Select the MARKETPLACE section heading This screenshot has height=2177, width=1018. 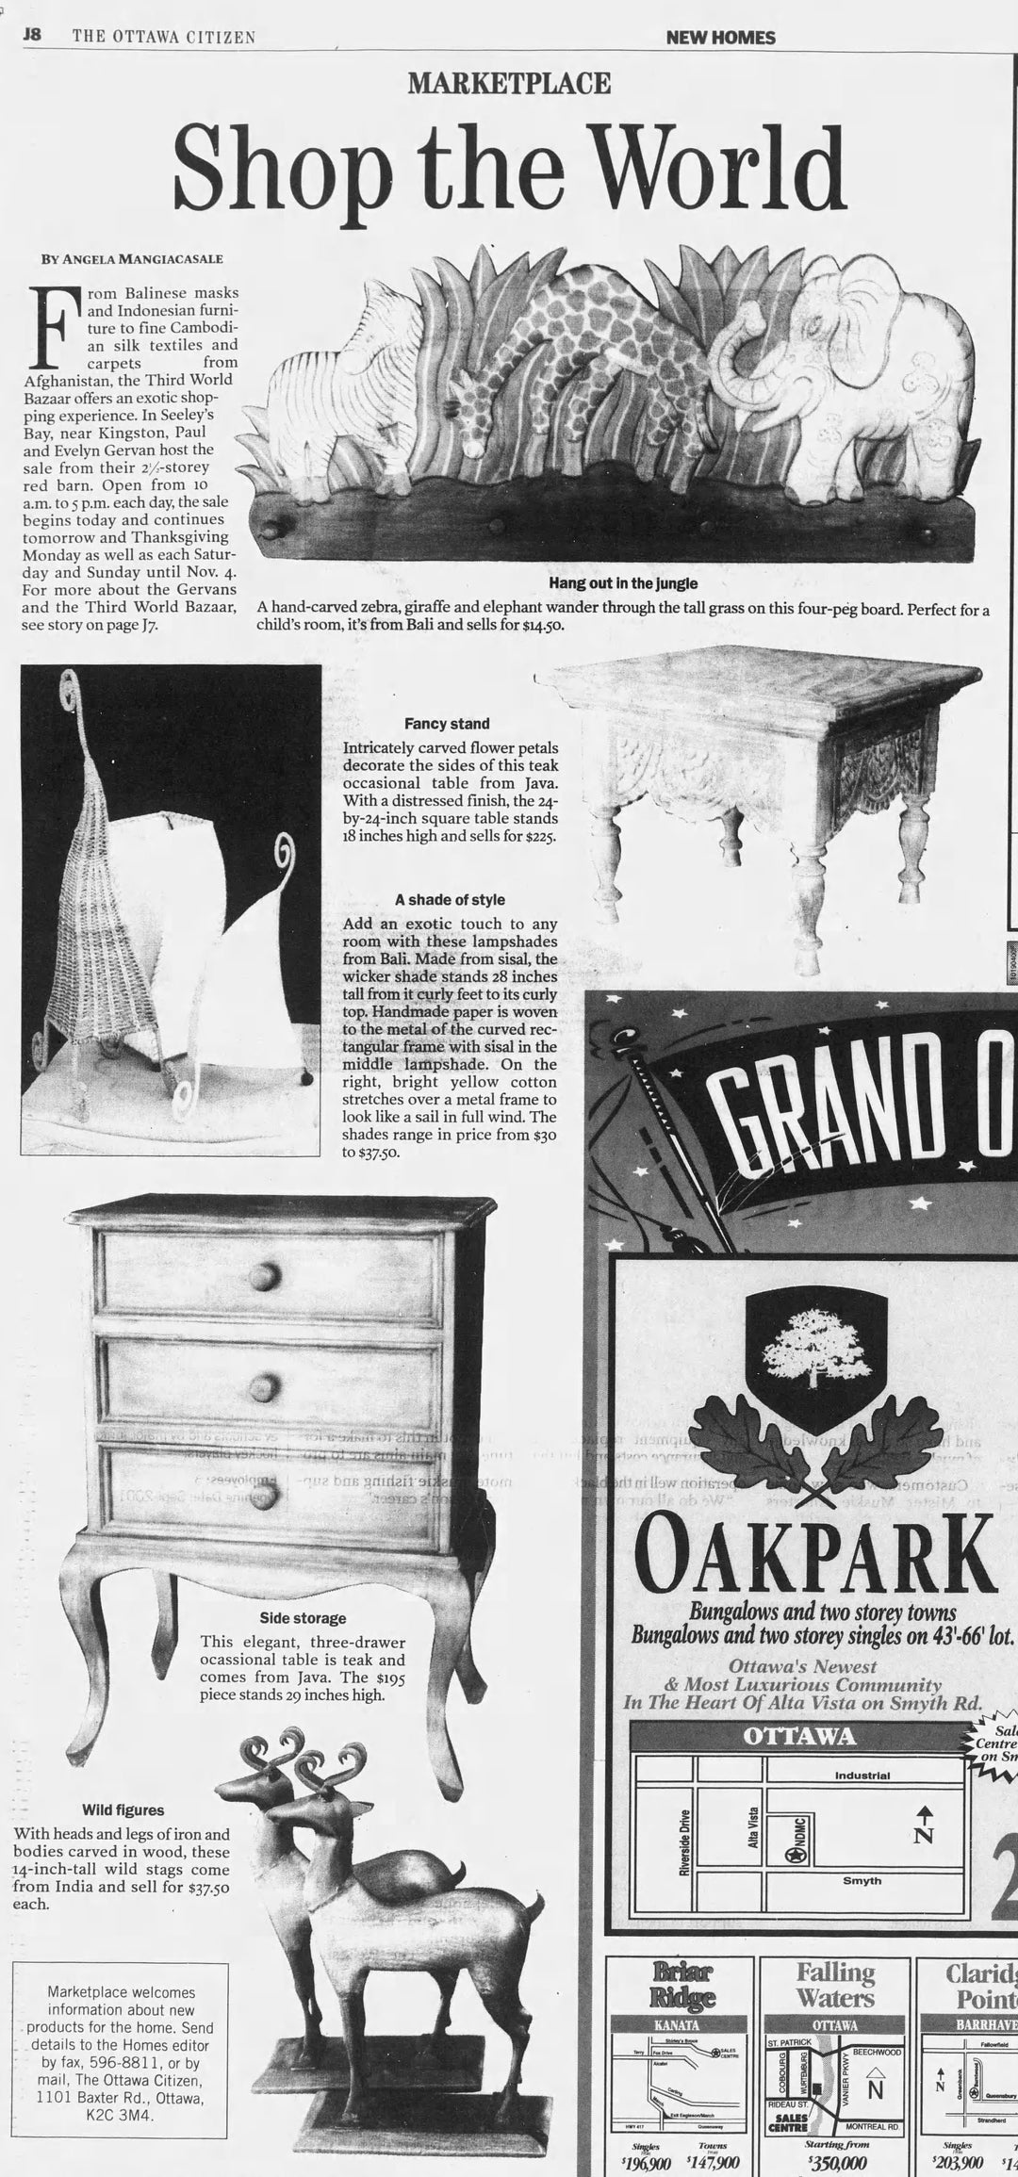(509, 84)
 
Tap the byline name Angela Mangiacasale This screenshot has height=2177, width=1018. (132, 258)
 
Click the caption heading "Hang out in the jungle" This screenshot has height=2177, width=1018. (622, 583)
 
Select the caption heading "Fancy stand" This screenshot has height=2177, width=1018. (447, 724)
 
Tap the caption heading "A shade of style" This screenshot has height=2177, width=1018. (456, 900)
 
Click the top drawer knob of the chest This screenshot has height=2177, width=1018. (265, 1277)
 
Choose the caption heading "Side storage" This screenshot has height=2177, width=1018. (303, 1618)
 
